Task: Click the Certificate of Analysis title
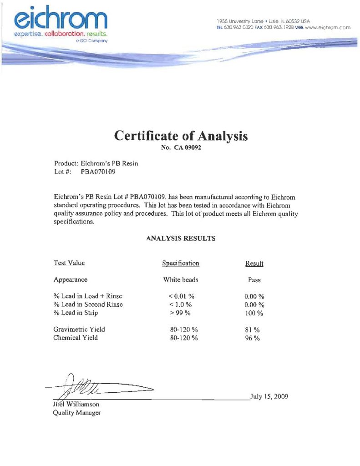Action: coord(181,136)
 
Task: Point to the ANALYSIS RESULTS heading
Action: coord(181,238)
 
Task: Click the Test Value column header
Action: coord(69,263)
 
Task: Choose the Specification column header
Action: coord(181,263)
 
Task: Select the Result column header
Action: coord(254,263)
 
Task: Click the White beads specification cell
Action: coord(181,280)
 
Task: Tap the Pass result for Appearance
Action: coord(254,280)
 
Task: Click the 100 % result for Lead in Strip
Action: coord(254,313)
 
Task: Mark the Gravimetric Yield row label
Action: coord(76,329)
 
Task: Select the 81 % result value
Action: coord(252,329)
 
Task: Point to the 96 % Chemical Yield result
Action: coord(252,338)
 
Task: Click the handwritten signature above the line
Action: coord(98,387)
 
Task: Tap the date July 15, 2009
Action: coord(269,396)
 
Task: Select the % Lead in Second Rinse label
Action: coord(88,304)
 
